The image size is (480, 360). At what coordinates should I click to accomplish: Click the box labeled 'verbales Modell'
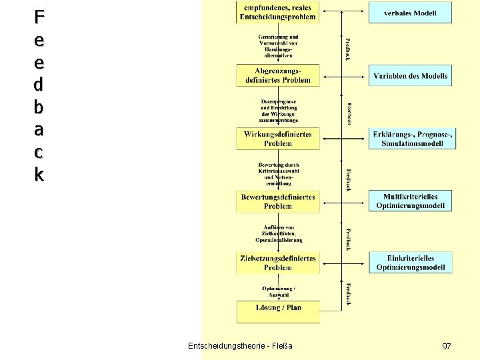410,13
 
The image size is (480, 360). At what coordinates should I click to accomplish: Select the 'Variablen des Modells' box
410,76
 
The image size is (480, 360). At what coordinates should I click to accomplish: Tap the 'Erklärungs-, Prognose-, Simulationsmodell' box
410,139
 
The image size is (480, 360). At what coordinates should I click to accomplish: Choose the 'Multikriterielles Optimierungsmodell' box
410,201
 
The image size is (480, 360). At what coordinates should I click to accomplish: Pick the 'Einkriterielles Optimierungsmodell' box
410,263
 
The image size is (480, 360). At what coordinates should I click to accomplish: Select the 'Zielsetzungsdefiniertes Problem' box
278,263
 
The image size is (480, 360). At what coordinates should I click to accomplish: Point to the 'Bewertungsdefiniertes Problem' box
278,201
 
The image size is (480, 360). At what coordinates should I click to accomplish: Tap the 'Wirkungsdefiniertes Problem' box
278,139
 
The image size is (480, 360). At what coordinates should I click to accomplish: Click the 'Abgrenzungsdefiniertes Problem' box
278,75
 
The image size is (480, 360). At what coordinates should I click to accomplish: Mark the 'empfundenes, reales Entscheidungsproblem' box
278,12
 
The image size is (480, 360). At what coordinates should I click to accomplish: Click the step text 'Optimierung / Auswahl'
278,291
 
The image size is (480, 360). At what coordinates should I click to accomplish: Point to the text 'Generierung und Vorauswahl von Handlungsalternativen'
278,46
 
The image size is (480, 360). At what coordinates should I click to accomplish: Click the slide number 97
447,347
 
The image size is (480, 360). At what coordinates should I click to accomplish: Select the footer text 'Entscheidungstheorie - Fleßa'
240,346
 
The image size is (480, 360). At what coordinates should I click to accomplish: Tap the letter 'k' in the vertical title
39,175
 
